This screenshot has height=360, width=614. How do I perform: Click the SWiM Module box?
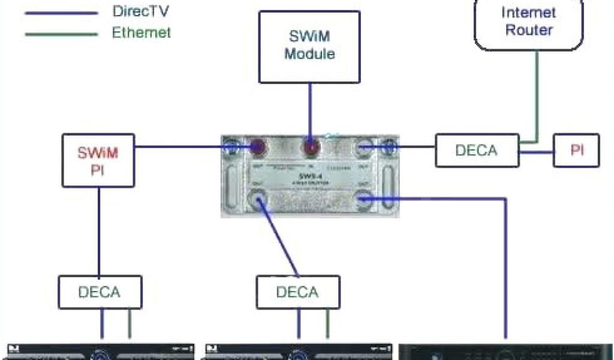click(309, 46)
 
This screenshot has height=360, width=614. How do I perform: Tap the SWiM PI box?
click(98, 160)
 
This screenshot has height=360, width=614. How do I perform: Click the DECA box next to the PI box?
click(477, 150)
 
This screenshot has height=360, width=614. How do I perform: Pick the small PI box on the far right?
click(576, 150)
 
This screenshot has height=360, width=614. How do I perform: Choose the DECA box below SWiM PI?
click(100, 292)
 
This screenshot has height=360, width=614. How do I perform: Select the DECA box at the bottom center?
click(297, 292)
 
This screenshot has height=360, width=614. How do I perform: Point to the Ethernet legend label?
click(141, 32)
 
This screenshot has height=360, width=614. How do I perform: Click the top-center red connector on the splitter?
click(310, 148)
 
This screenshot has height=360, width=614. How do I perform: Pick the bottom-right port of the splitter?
click(365, 198)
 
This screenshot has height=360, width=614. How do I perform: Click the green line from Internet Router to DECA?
click(538, 96)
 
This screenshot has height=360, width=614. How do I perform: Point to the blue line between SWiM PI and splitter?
click(180, 145)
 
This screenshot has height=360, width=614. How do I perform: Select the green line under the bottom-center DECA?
click(327, 324)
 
